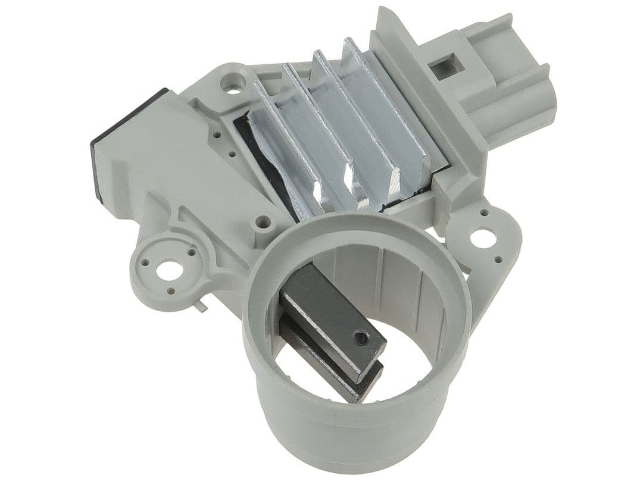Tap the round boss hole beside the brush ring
[260, 224]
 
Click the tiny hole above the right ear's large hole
[483, 212]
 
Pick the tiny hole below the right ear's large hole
[493, 259]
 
